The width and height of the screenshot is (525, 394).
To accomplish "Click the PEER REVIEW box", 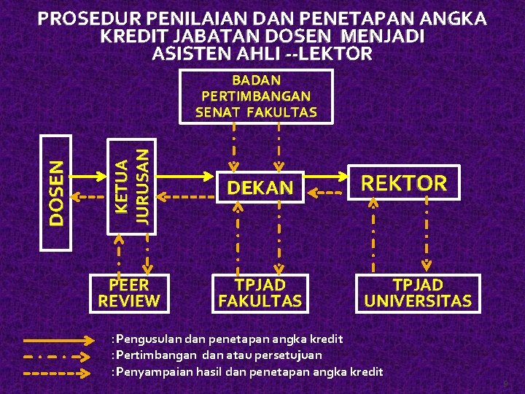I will [x=128, y=292].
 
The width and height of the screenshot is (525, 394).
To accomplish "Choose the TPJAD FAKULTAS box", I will [x=260, y=292].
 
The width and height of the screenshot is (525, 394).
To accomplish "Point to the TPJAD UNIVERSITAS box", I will [x=418, y=292].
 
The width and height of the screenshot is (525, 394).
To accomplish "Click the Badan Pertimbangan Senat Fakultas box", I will [x=256, y=96].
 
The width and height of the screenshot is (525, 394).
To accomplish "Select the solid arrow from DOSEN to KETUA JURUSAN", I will [x=90, y=175].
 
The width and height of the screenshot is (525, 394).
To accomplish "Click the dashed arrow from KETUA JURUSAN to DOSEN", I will [x=90, y=196].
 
